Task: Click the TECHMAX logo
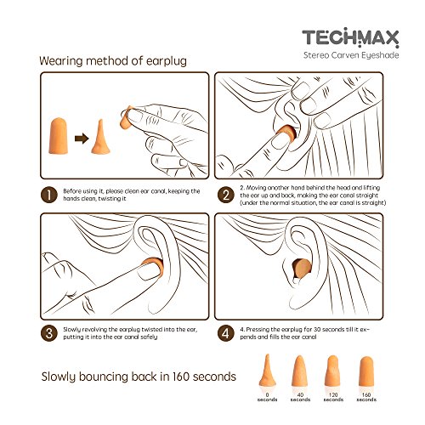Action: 350,37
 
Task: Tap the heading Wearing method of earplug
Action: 113,61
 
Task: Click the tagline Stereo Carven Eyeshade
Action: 351,55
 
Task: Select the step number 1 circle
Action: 49,195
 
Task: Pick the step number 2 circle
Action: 226,195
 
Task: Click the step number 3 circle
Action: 49,333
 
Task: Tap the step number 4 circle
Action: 226,333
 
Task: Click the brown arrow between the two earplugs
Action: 82,139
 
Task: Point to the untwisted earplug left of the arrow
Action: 59,136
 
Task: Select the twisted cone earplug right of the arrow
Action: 100,138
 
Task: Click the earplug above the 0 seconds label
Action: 267,371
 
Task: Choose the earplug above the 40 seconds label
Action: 300,371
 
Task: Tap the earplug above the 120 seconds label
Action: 333,371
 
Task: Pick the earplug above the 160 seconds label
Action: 366,371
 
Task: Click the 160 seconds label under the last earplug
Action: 366,397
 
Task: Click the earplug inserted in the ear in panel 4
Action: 302,268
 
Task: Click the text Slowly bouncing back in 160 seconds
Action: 139,377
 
